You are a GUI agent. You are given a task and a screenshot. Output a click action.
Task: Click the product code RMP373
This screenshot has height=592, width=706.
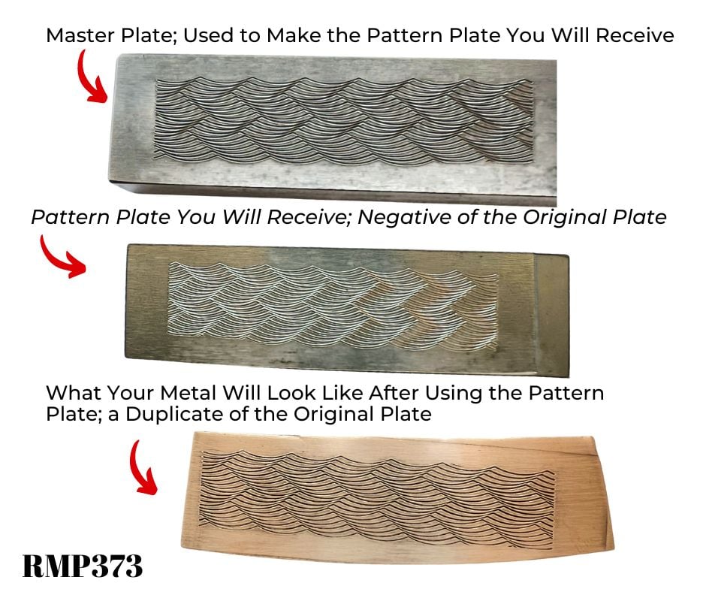point(82,565)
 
